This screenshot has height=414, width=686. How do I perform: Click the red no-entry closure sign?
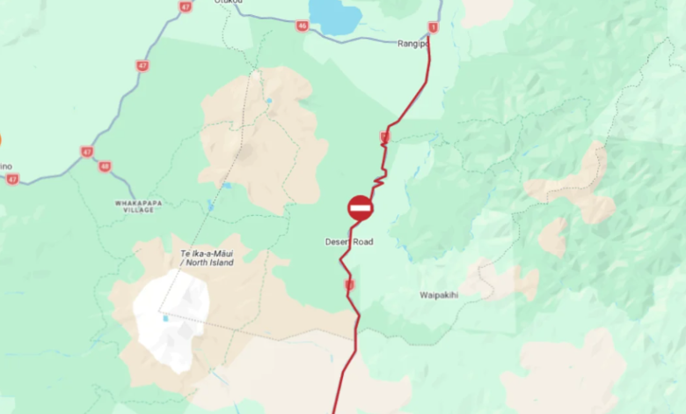coord(361,208)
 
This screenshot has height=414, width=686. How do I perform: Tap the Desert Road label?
coord(349,241)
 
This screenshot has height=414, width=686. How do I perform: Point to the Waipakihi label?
coord(439,295)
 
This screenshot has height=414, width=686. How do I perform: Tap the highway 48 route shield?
coord(106,166)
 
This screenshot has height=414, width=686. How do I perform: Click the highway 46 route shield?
coord(303,26)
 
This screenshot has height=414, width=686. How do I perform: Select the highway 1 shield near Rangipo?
coord(433,26)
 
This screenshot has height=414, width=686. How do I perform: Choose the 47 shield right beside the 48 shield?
coord(86,152)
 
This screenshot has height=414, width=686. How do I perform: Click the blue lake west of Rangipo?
coord(335,16)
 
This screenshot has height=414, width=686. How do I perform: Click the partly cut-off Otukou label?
coord(228,3)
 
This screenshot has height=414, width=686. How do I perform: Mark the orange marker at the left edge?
coord(1,139)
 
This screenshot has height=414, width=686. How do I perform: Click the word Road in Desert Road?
coord(362,241)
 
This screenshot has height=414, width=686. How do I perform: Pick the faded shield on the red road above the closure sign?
coord(384,137)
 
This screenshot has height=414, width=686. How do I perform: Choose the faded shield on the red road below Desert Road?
coord(349,285)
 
